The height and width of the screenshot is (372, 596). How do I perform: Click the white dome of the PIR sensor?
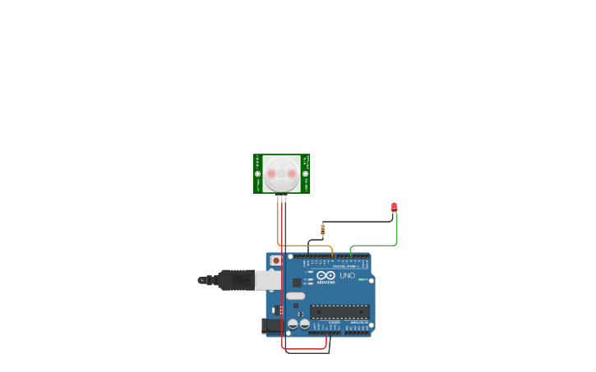[281, 172]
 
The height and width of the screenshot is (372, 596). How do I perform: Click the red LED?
[394, 206]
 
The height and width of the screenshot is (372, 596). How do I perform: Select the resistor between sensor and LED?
[322, 229]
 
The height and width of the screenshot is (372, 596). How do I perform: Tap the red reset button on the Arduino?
[276, 260]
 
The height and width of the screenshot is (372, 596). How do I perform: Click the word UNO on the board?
[347, 275]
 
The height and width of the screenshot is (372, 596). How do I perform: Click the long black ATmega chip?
[340, 312]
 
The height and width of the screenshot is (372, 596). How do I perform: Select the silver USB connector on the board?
[268, 280]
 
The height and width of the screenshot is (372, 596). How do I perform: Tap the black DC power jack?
[270, 326]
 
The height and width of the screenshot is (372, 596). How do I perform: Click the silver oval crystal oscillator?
[295, 296]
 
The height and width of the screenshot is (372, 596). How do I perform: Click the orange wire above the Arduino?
[308, 246]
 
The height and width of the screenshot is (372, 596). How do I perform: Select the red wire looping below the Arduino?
[304, 349]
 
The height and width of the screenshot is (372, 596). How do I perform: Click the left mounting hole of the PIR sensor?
[257, 173]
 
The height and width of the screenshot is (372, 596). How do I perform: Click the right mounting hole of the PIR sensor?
[305, 173]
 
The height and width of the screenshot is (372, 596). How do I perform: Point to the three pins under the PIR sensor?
[282, 198]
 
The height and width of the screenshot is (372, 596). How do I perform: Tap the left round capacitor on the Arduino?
[293, 324]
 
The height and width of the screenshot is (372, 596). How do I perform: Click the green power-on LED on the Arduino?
[361, 280]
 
